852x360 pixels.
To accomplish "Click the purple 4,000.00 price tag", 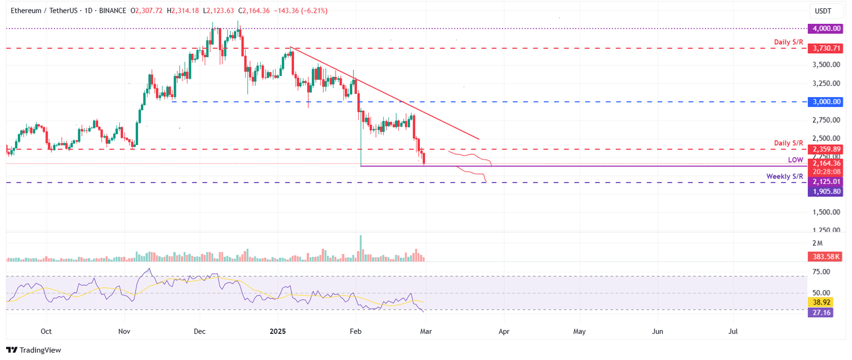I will point(826,28).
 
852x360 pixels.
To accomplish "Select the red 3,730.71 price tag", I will point(826,49).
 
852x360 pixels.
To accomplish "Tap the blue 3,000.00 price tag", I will point(826,102).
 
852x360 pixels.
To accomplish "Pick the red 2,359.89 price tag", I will point(826,149).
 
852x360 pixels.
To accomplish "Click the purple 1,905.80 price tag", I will point(826,191).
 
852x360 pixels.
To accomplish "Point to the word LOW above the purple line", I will point(795,160).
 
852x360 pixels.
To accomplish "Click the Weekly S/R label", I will point(784,176).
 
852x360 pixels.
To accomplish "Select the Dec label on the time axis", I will point(200,332).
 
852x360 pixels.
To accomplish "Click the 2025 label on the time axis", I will point(277,332).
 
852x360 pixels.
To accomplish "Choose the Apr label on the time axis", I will point(504,332).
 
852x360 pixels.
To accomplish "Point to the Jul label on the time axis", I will point(733,332).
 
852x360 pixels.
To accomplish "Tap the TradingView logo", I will point(33,350).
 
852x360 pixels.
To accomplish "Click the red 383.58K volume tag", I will point(826,257).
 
